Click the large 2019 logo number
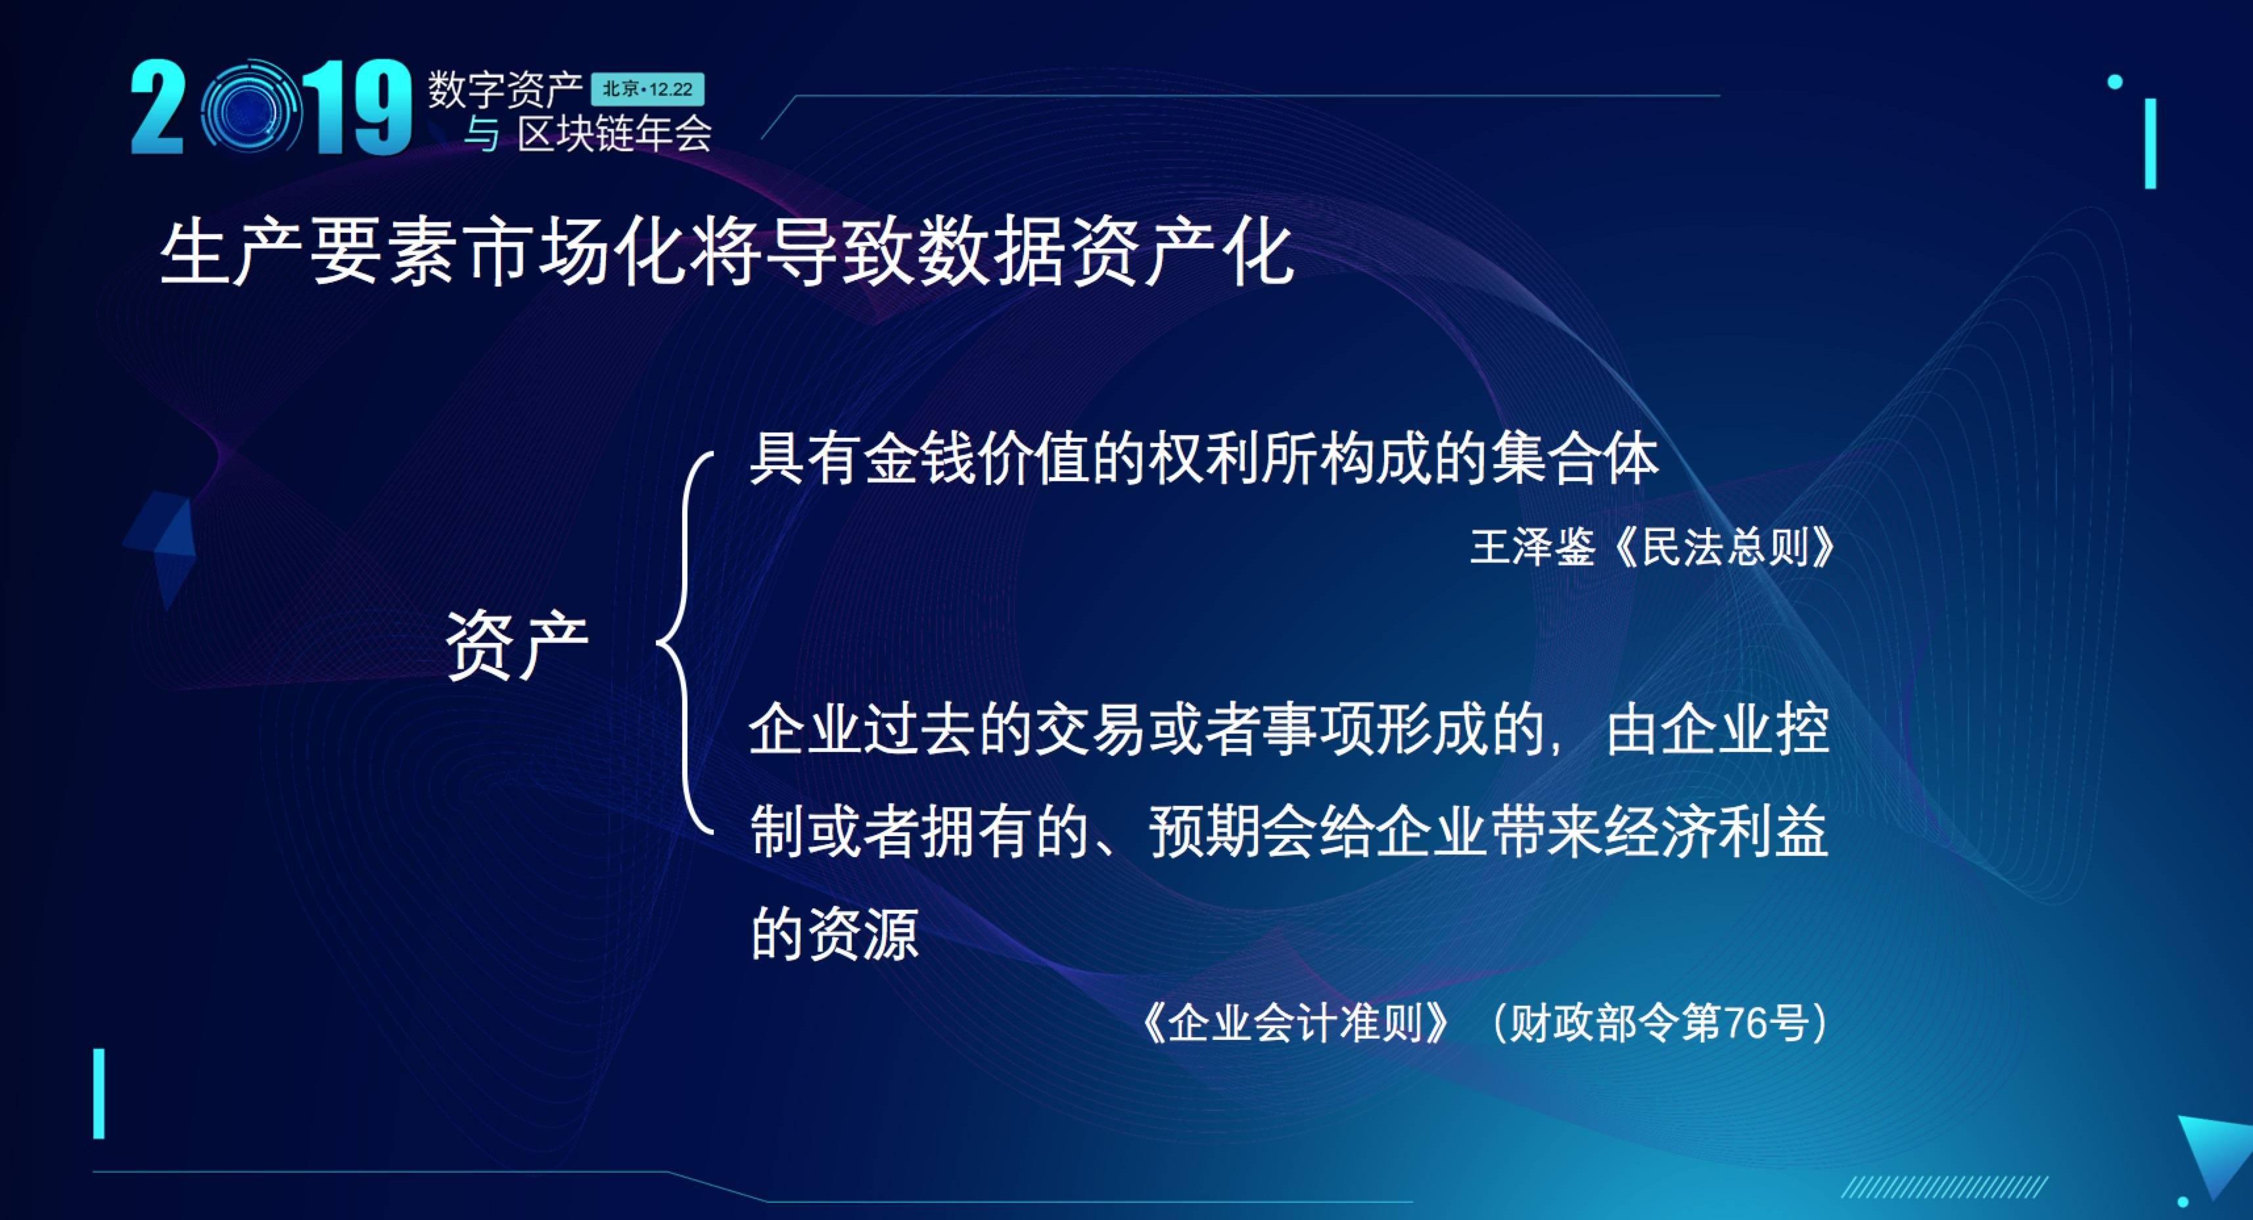271,108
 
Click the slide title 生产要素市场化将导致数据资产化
726,253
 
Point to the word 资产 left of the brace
517,645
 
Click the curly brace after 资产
685,644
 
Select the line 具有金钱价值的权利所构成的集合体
1203,458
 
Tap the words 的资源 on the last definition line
835,934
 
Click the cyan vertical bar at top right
2150,143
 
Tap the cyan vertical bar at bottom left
99,1093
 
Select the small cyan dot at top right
2115,82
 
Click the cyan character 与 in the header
481,135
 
